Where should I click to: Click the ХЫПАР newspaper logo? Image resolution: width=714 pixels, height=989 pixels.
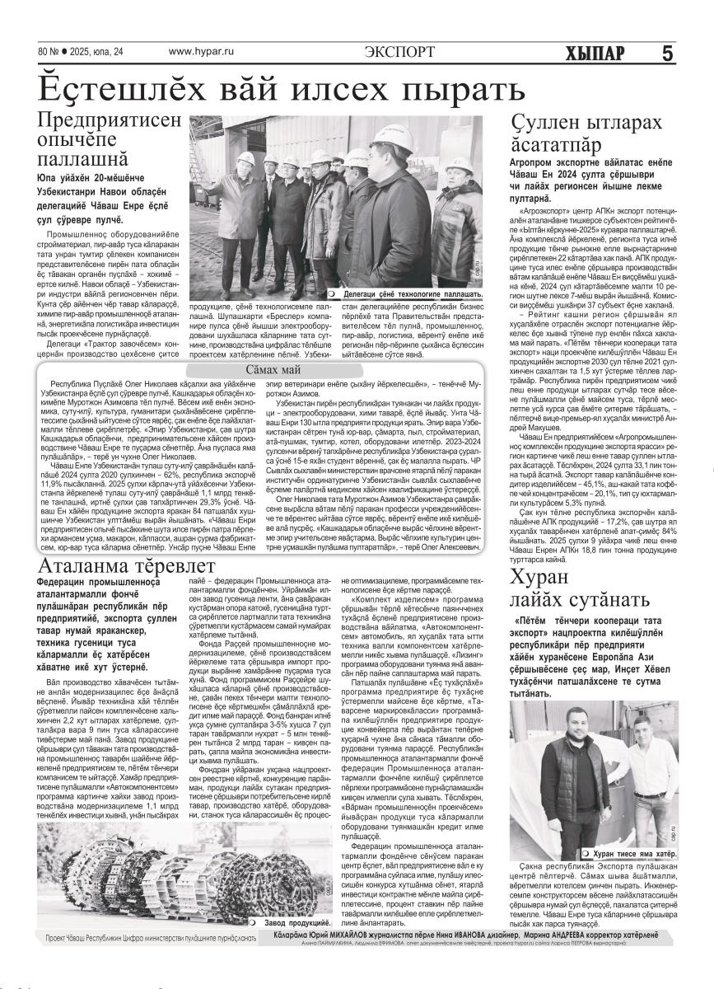[595, 53]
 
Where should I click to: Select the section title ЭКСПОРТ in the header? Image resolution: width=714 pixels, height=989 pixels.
[399, 52]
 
